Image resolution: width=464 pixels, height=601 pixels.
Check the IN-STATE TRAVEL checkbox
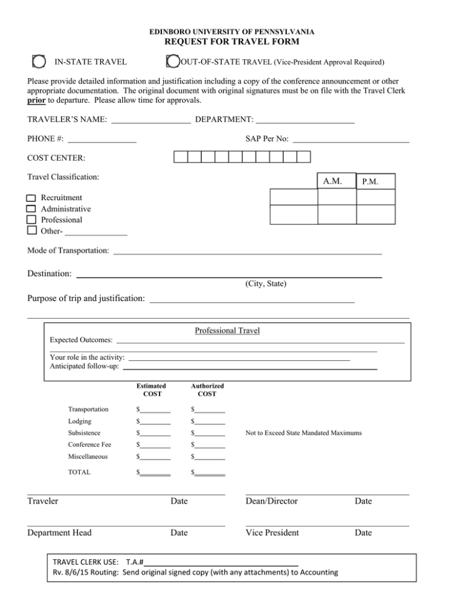tap(38, 61)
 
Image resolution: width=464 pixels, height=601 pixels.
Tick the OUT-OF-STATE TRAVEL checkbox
tap(172, 61)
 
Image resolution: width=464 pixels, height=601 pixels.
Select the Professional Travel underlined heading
tap(227, 331)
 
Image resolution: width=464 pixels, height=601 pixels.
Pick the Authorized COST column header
tap(207, 389)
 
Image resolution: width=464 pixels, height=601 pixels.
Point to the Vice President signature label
tap(272, 533)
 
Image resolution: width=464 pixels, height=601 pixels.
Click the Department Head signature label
tap(60, 533)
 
